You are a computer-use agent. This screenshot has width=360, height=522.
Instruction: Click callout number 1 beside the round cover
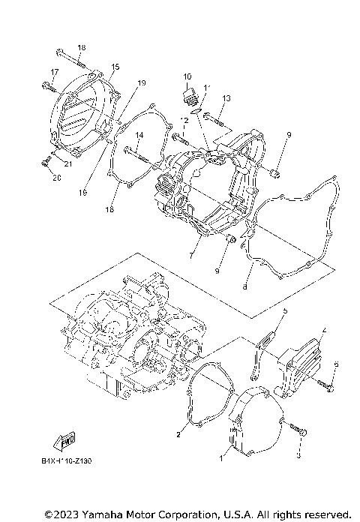[x=221, y=457]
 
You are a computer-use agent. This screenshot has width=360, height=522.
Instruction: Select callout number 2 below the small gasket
[x=178, y=434]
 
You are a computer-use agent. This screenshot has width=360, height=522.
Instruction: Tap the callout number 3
[x=298, y=454]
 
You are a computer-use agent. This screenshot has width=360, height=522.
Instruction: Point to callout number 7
[x=192, y=255]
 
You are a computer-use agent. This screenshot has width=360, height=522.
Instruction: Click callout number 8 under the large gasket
[x=244, y=286]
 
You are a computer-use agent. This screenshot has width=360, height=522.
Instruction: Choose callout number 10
[x=187, y=76]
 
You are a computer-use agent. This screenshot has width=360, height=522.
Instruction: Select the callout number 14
[x=139, y=136]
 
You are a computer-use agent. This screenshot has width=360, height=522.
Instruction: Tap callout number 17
[x=54, y=72]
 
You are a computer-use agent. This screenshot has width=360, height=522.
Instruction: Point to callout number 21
[x=67, y=164]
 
